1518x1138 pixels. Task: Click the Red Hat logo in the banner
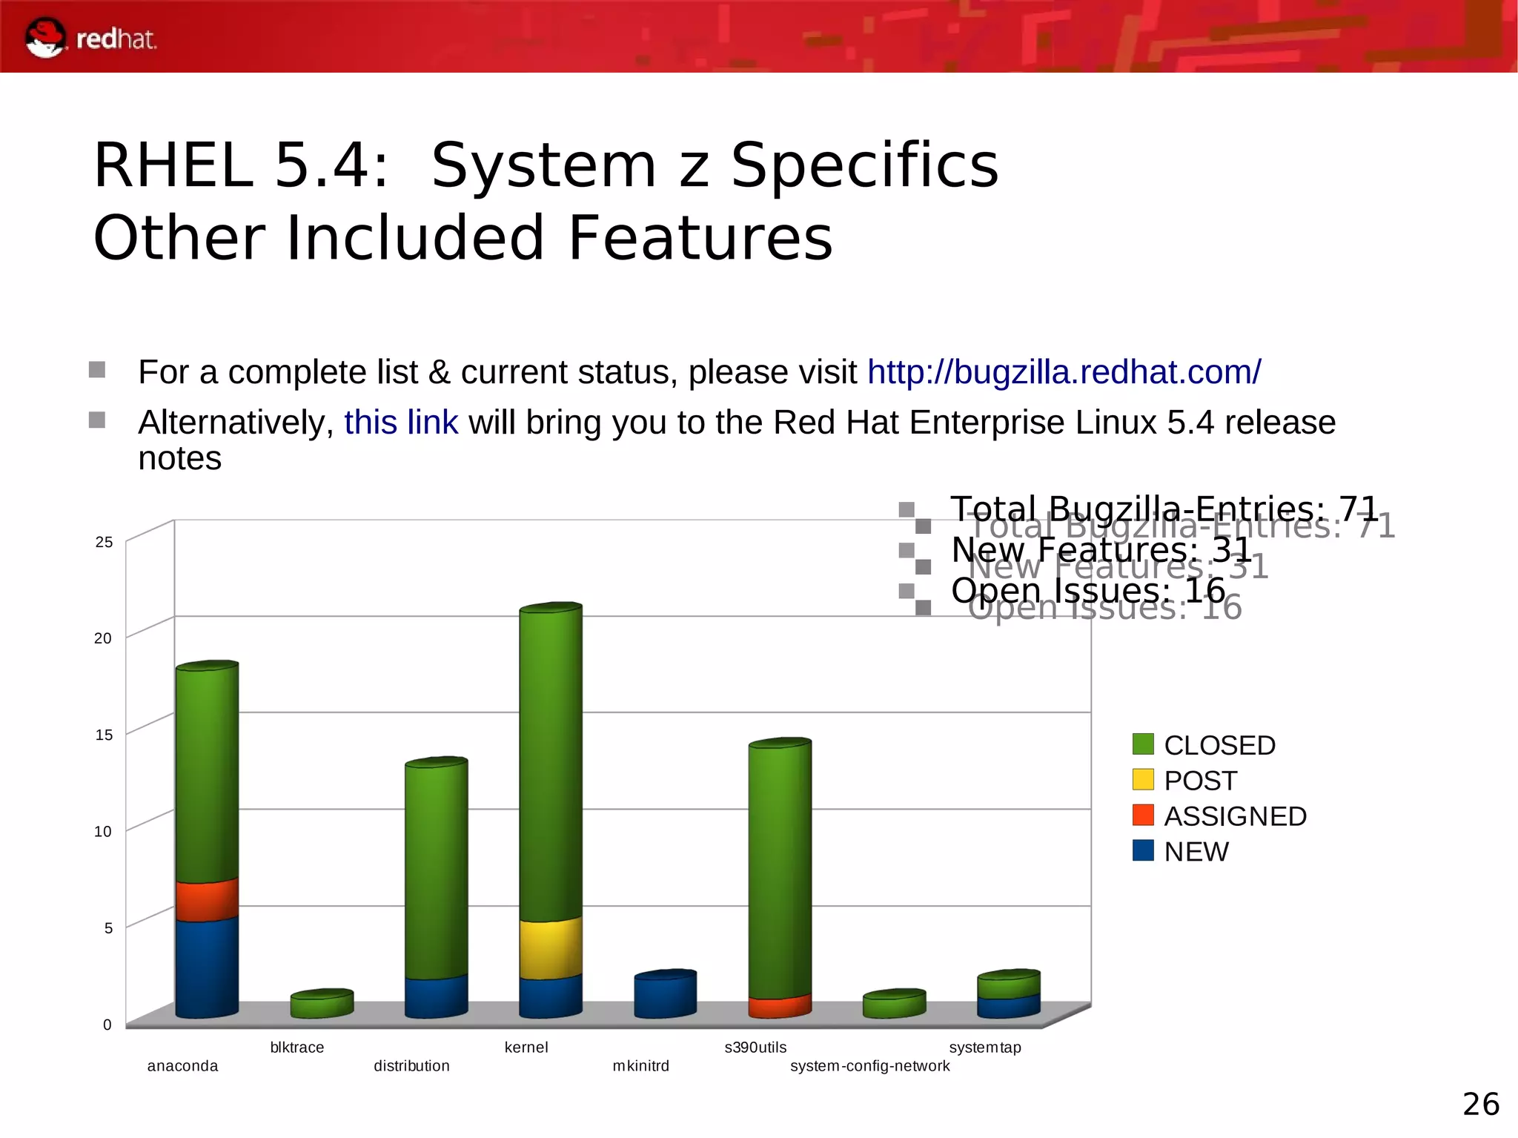89,37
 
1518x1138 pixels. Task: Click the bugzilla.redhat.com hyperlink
1064,372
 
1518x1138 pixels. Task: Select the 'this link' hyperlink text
400,423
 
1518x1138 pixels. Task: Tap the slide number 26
1480,1105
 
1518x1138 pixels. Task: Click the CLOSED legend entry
1219,745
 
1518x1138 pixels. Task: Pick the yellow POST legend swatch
1143,780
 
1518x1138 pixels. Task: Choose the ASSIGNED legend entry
1234,816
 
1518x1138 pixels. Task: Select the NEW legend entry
1196,852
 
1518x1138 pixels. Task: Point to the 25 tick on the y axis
104,542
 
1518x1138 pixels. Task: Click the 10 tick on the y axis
103,831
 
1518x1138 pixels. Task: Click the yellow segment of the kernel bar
550,949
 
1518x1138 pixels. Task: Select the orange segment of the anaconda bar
207,901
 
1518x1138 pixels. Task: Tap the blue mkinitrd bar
665,996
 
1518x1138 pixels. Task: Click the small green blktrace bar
322,1006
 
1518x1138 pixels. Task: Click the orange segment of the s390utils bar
779,1007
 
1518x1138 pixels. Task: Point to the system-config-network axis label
869,1066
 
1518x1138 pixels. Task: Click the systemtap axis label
984,1048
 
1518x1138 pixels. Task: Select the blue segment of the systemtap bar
1008,1007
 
